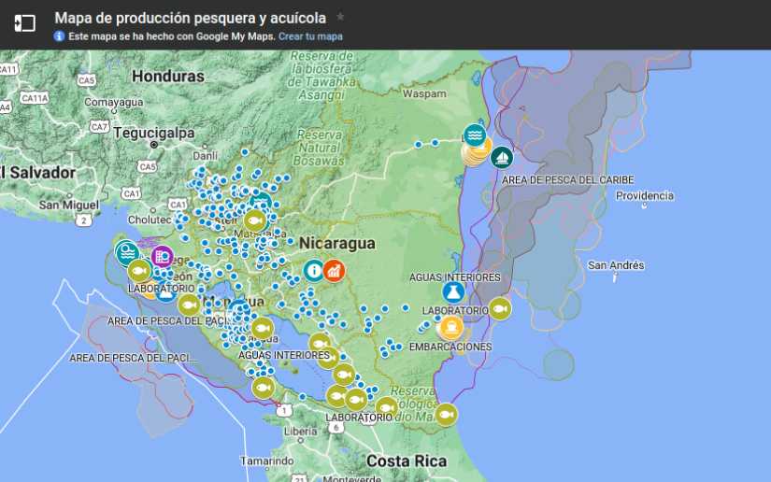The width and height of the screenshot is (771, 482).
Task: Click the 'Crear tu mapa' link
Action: point(310,36)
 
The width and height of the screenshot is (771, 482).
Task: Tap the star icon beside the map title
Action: point(340,17)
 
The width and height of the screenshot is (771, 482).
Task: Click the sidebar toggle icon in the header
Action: point(25,23)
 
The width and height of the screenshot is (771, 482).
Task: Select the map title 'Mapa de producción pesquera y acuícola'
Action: point(190,17)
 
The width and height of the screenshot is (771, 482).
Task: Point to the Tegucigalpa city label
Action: point(151,133)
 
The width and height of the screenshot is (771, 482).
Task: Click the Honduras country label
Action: point(168,76)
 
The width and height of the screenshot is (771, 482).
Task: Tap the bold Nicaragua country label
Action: point(336,244)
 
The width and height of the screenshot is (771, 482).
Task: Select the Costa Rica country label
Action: point(407,461)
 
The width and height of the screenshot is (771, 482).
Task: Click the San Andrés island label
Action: point(615,265)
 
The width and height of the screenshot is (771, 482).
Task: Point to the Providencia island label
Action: point(645,195)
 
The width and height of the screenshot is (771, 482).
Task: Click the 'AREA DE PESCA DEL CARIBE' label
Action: point(567,179)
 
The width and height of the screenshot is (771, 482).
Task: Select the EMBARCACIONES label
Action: point(450,347)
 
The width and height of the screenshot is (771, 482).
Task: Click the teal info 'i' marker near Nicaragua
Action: point(313,271)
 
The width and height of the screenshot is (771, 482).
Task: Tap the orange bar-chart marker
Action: point(334,271)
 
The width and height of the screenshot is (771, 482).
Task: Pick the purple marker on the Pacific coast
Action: point(162,255)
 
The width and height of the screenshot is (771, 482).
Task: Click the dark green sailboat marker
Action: point(502,158)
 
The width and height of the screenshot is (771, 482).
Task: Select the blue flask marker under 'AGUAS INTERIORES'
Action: point(454,292)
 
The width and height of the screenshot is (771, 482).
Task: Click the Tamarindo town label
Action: point(266,461)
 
